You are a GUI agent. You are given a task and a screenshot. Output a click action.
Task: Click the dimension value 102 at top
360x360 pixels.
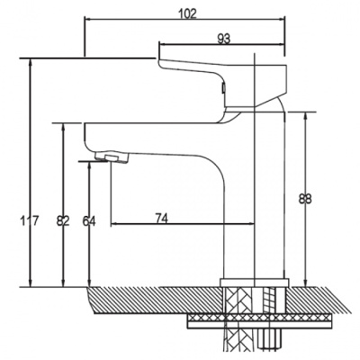pos(187,13)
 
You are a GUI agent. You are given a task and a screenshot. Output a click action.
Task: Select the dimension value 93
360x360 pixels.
pos(224,39)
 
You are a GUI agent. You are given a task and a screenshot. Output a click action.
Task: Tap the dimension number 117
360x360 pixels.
pos(30,221)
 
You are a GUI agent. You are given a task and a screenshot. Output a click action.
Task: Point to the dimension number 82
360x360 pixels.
pos(63,221)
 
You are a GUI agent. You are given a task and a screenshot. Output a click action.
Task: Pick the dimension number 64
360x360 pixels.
pos(89,221)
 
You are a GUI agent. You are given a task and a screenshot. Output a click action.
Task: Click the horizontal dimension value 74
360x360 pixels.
pos(162,218)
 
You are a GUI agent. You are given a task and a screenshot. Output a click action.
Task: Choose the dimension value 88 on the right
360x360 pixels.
pos(305,198)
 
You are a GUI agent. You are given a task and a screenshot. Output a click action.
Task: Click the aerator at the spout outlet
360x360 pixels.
pos(112,157)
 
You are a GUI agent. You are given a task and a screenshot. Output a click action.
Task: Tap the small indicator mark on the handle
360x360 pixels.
pos(223,88)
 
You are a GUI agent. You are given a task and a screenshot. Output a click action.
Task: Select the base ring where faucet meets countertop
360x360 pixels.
pos(255,282)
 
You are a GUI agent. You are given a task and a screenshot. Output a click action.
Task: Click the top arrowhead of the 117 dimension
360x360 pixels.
pos(30,62)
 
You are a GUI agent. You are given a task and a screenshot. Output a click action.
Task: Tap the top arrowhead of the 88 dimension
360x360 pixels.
pos(306,116)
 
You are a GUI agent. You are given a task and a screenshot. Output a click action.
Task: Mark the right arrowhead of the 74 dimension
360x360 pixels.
pos(250,224)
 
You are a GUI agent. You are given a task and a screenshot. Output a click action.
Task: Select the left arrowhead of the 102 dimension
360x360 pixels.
pos(89,20)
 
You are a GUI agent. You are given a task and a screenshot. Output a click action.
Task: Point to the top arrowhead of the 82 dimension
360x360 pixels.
pos(63,127)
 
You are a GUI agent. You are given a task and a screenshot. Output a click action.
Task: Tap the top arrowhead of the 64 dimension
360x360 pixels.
pos(89,166)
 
